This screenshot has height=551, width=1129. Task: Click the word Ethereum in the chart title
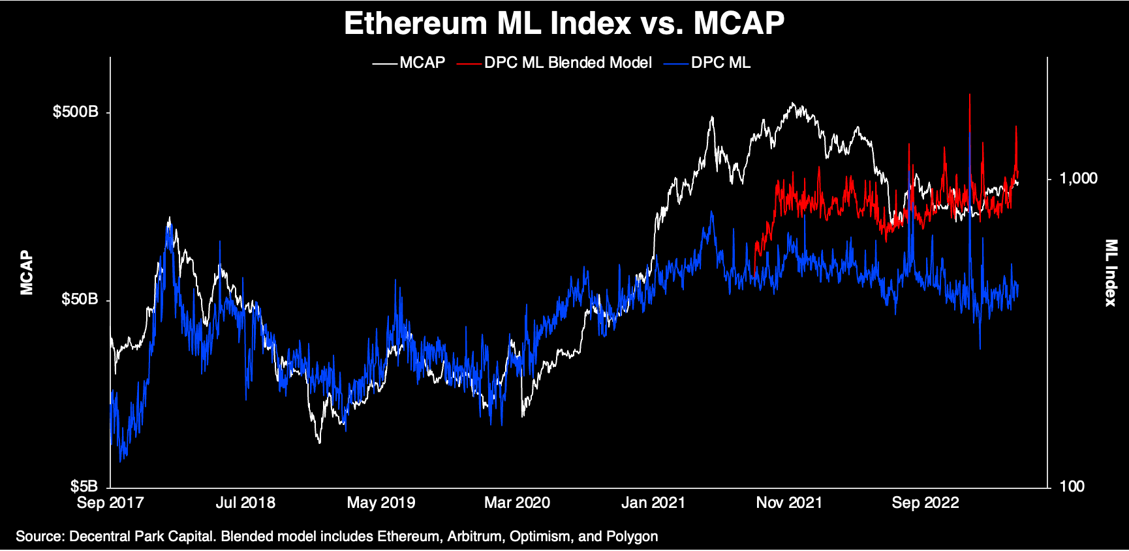click(415, 24)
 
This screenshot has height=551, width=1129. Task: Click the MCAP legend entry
click(422, 63)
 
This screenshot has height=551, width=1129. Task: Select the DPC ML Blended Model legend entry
click(567, 63)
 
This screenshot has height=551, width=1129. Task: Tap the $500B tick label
click(76, 112)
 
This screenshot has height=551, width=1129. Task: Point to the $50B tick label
click(80, 300)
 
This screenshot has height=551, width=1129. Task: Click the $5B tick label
click(84, 486)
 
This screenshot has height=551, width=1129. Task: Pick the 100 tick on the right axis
click(1072, 486)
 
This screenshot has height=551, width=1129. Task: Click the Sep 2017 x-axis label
click(110, 503)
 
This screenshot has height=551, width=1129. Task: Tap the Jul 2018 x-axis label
click(245, 503)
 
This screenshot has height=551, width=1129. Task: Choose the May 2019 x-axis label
click(381, 503)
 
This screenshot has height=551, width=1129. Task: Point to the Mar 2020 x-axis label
click(517, 503)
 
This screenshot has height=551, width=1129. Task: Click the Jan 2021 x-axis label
click(653, 503)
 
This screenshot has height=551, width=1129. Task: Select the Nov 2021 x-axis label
click(789, 503)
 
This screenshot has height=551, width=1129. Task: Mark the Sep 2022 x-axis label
click(925, 503)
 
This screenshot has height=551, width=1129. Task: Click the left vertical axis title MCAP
click(27, 272)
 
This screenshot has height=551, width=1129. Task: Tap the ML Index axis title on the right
click(1110, 272)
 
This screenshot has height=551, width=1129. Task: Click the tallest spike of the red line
click(970, 97)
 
